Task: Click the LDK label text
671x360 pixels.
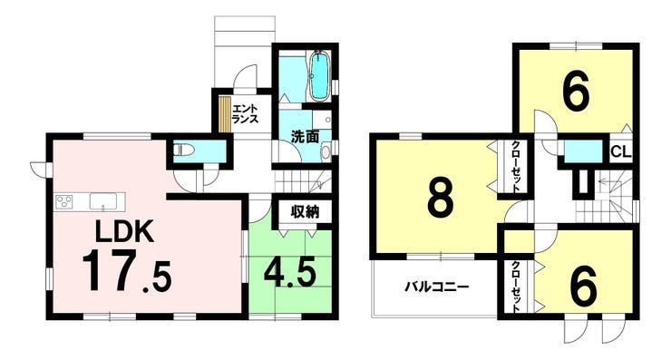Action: point(123,232)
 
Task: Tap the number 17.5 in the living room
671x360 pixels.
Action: point(127,273)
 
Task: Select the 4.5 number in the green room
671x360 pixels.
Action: point(290,272)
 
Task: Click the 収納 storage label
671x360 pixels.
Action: point(305,212)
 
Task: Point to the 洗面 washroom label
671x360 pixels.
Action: point(305,136)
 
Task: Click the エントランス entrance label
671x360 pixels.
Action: point(245,114)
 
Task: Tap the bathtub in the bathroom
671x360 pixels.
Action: point(319,76)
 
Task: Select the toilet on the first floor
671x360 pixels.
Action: point(183,151)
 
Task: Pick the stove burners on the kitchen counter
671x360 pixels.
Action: point(64,201)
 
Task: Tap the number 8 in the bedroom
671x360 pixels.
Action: point(441,198)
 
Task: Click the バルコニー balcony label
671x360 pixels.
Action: point(437,287)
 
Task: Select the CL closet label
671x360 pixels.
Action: point(621,152)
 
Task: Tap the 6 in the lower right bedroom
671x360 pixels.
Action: point(583,285)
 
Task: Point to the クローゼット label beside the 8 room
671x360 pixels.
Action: point(516,167)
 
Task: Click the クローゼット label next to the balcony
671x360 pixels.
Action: point(517,287)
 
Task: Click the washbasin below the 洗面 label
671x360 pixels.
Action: point(326,151)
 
